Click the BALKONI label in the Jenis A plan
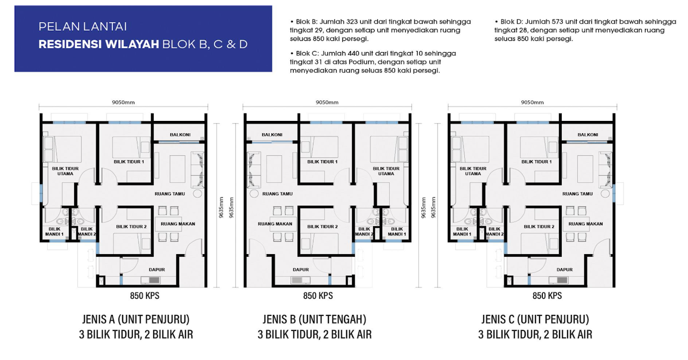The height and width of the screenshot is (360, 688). pos(180,134)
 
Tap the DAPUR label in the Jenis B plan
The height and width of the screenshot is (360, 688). pos(300,269)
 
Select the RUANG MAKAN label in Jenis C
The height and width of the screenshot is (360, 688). pos(585,224)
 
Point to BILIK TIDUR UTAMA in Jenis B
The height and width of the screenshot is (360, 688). pos(386,171)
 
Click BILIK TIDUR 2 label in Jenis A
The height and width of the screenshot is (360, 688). pos(132,226)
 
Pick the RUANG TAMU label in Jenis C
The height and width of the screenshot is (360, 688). pos(577,193)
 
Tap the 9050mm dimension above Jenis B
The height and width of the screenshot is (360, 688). pos(327,102)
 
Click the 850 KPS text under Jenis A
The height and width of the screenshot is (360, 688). pos(145,296)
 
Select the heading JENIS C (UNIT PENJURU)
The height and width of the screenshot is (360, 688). pos(535,319)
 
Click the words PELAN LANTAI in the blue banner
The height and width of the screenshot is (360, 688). pos(83,27)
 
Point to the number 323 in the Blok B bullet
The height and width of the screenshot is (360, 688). pos(352,21)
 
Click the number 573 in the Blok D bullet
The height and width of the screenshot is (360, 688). pos(557,21)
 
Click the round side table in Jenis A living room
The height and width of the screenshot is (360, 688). pos(197,193)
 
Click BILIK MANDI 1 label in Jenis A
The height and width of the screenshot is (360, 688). pos(54,231)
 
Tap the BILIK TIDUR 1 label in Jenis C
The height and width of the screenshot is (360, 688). pos(536,162)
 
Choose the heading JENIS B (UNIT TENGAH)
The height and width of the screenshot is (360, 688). pos(314,319)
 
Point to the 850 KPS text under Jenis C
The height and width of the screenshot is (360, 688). pos(547,296)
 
